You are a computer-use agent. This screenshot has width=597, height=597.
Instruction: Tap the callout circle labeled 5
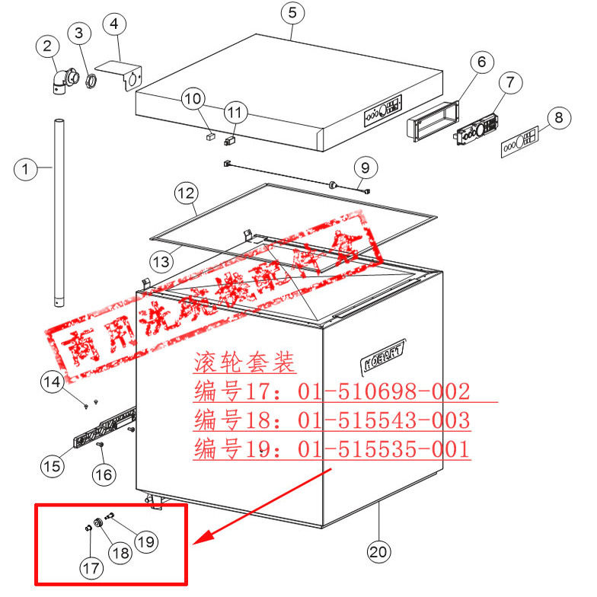292,13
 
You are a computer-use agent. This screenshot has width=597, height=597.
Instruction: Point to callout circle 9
365,166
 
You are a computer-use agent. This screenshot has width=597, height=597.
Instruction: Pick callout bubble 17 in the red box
91,567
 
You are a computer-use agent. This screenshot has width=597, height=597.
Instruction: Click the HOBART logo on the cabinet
383,353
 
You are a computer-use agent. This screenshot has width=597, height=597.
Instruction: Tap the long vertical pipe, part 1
59,213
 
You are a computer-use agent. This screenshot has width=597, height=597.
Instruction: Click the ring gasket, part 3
91,80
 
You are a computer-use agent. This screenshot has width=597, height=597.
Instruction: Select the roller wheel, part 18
98,524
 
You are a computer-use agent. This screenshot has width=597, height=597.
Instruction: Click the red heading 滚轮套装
244,363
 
